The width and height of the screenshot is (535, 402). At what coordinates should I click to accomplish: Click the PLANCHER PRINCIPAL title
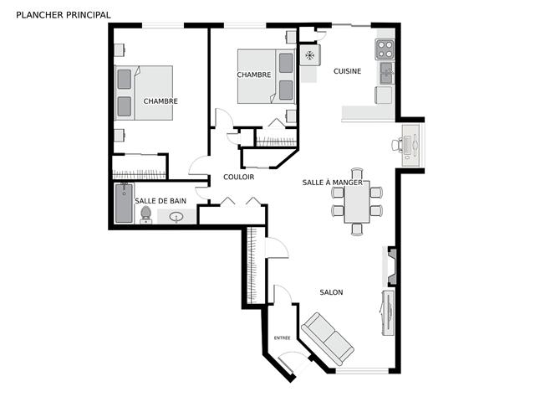coord(64,15)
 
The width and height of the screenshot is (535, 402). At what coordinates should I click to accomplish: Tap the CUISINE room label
coord(348,71)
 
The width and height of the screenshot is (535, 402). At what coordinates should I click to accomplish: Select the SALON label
coord(331,292)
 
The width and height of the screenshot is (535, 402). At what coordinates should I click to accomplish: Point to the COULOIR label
coord(239,177)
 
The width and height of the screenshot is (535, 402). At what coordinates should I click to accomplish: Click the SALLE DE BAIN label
coord(160,201)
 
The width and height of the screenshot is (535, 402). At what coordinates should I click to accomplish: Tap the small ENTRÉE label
coord(283,338)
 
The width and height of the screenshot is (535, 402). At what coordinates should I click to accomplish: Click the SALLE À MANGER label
coord(333,183)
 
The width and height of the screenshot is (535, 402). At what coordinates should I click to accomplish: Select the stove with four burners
coord(385,49)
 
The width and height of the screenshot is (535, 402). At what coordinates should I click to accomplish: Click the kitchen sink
coord(387,73)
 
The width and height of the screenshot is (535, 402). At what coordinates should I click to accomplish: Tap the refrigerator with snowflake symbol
coord(310,55)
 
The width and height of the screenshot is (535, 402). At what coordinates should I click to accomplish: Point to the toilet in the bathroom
coord(146,214)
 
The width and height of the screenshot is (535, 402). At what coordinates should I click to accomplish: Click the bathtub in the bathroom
coord(124,203)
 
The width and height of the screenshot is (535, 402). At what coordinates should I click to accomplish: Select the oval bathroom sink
coord(176,217)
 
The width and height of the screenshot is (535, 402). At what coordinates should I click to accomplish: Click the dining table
coord(357,202)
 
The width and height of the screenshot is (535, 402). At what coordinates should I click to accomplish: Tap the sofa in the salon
coord(327,338)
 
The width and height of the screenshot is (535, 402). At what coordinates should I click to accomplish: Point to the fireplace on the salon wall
coord(392,266)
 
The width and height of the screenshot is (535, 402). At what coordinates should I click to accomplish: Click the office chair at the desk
coord(397,145)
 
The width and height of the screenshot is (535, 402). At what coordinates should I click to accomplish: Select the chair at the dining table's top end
coord(357,173)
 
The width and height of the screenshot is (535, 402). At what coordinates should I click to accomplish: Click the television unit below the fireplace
coord(388,312)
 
